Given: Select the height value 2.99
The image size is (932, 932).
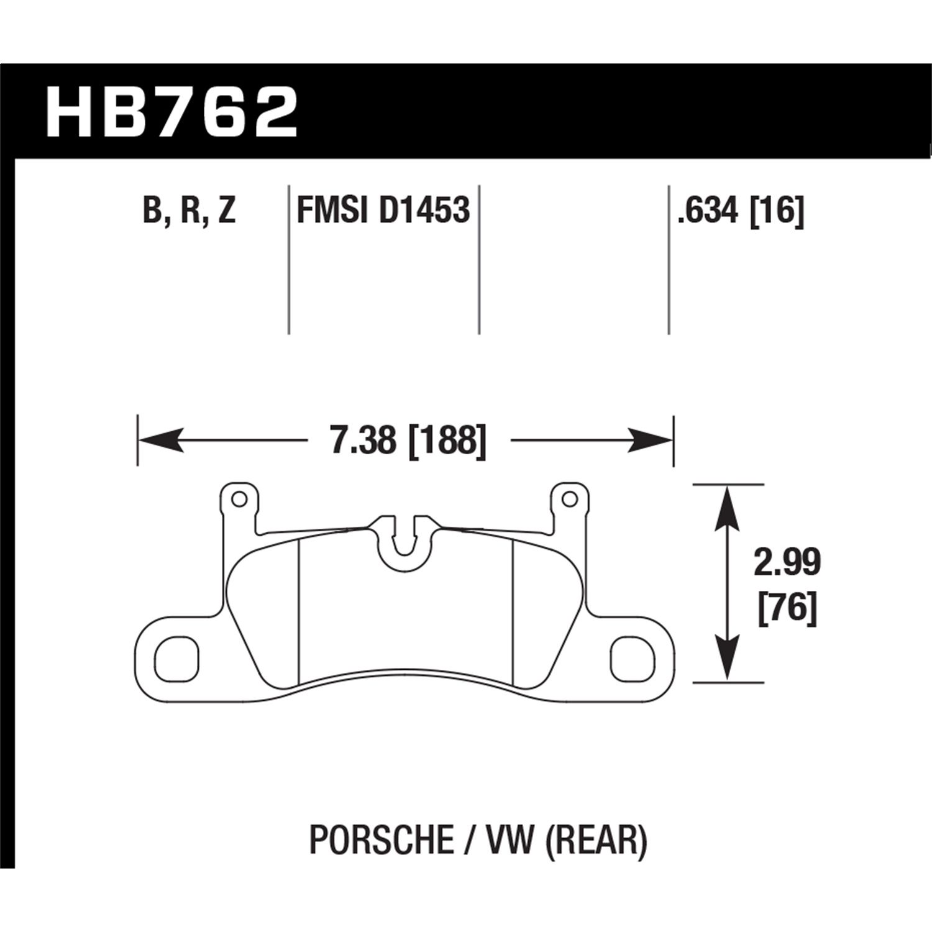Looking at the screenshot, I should coord(787,563).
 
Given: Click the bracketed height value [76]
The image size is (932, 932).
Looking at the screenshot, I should coord(787,608).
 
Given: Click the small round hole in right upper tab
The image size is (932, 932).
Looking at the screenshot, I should coord(567,499).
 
